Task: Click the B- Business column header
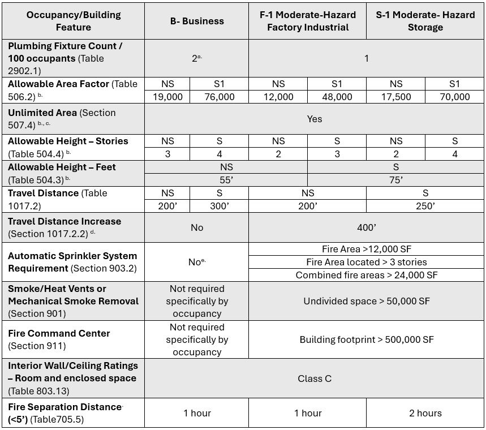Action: [197, 21]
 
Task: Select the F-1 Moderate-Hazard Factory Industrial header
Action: [307, 21]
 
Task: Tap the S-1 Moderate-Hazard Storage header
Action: [425, 21]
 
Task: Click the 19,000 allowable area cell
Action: [167, 97]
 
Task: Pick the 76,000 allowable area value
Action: [219, 97]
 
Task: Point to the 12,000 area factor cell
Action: [278, 97]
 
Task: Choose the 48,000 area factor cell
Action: [337, 97]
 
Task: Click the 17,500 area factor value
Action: [395, 97]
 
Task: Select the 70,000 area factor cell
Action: [454, 97]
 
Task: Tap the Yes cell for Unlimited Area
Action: [315, 119]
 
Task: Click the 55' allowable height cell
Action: [226, 180]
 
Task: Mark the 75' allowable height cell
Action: [395, 180]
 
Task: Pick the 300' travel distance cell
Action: [219, 206]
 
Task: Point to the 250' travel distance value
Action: [425, 206]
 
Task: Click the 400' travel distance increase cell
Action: [366, 227]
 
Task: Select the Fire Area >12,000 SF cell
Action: [366, 249]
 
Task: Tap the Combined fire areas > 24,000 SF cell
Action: [366, 275]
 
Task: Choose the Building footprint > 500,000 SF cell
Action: [366, 339]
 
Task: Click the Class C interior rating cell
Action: [315, 379]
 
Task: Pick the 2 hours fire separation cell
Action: [425, 413]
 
